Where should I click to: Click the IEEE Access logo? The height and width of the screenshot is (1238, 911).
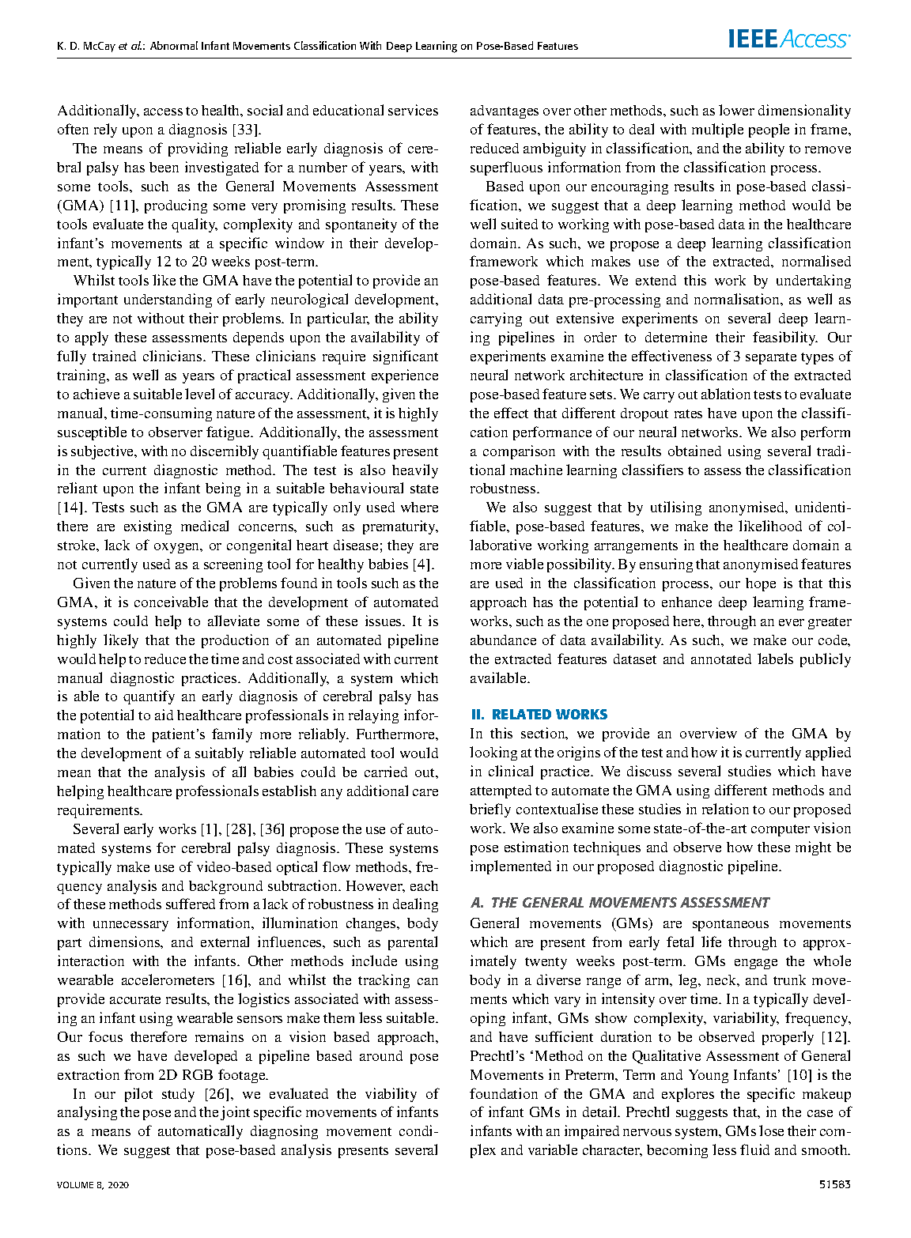coord(789,39)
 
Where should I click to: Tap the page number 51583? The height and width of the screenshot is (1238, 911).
coord(834,1184)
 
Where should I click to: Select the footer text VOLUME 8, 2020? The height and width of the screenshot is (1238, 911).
coord(93,1184)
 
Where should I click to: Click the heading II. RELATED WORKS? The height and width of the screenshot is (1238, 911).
coord(539,715)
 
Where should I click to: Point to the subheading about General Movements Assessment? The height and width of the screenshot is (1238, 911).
coord(619,903)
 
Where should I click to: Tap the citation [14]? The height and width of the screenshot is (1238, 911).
coord(70,508)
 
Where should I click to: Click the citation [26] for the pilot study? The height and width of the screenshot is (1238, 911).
coord(217,1094)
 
